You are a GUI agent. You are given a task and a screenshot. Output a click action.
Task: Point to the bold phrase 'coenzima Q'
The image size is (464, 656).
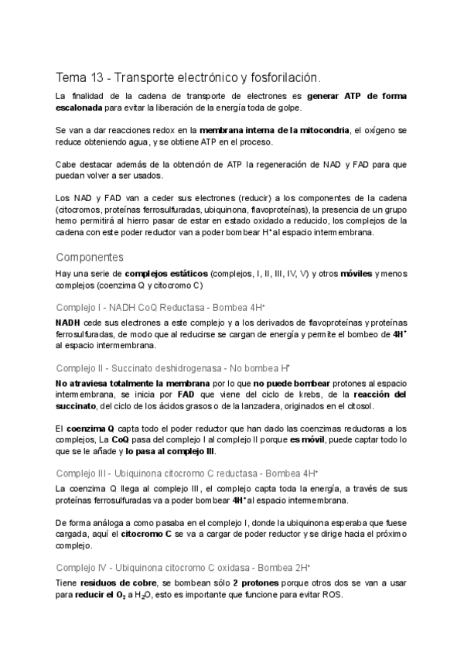(x=91, y=428)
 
